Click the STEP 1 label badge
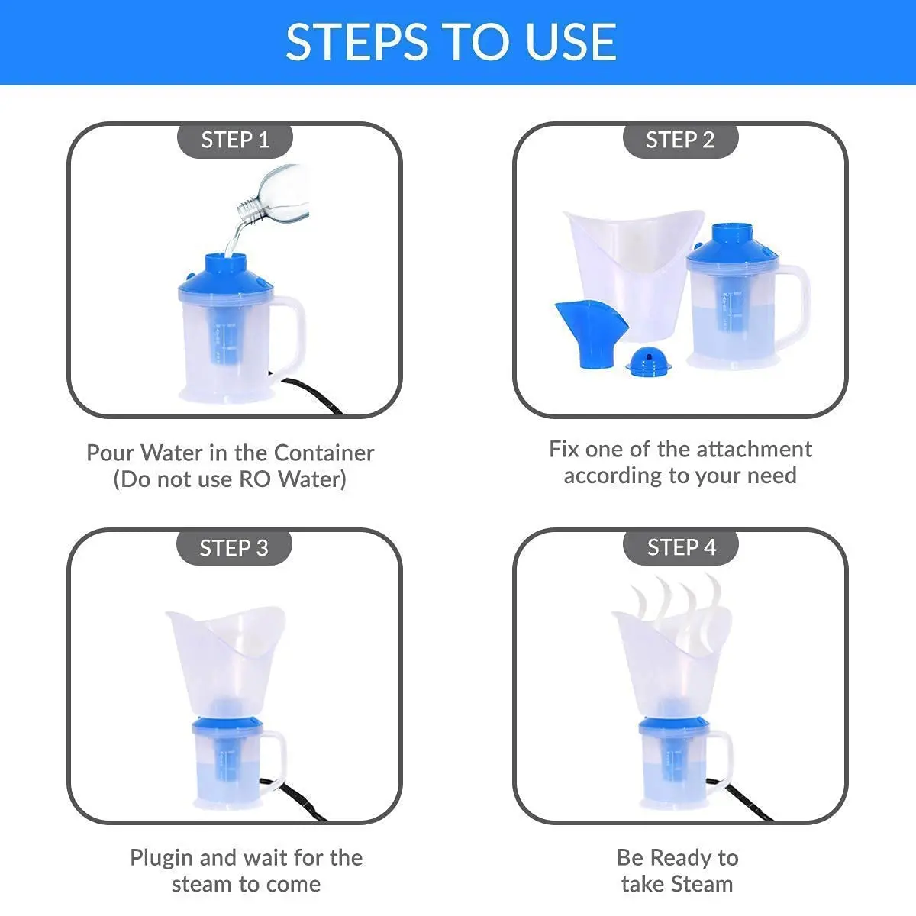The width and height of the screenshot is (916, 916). pyautogui.click(x=235, y=140)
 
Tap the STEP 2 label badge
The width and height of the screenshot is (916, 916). pyautogui.click(x=680, y=140)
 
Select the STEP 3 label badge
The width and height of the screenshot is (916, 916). pyautogui.click(x=234, y=548)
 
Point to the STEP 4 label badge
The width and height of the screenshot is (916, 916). pyautogui.click(x=681, y=547)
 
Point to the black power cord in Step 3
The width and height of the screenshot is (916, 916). pyautogui.click(x=295, y=798)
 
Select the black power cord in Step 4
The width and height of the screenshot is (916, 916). pyautogui.click(x=740, y=798)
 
